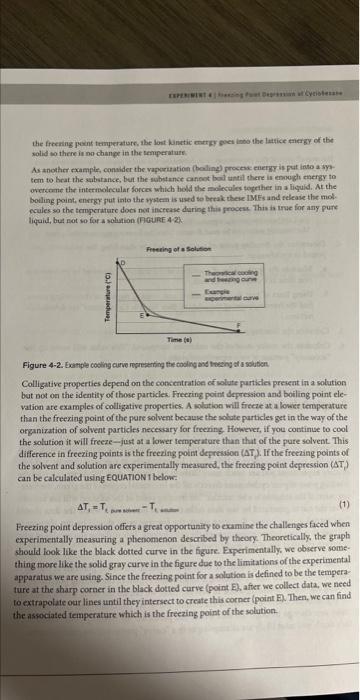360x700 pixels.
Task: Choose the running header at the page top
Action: tap(251, 94)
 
